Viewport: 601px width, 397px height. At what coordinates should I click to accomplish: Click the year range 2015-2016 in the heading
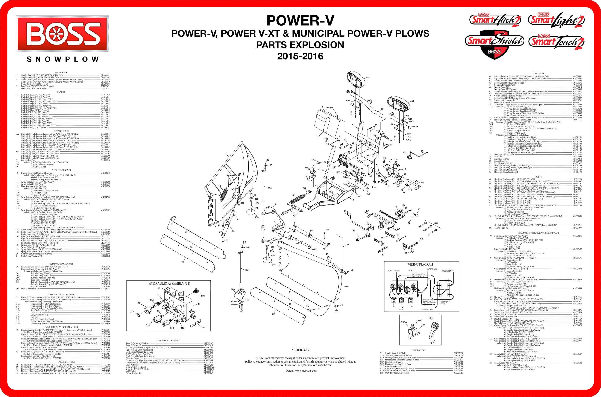[x=300, y=56]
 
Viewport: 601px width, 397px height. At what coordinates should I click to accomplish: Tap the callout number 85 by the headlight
[x=367, y=77]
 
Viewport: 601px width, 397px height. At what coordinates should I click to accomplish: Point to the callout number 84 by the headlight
[x=412, y=101]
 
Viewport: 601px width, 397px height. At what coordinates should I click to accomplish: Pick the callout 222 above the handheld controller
[x=431, y=318]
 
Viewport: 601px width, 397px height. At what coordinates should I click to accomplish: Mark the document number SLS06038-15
[x=300, y=350]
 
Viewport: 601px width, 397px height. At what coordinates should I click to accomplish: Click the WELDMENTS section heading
[x=61, y=73]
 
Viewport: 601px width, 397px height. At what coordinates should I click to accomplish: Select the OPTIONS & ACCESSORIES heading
[x=168, y=340]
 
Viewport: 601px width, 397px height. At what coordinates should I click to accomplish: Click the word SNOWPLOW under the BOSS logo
[x=63, y=60]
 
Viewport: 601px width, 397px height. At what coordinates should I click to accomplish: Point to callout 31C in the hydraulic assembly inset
[x=203, y=296]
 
